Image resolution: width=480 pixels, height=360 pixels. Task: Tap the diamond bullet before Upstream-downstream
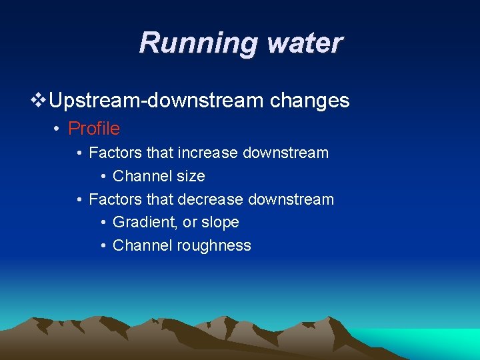(x=39, y=101)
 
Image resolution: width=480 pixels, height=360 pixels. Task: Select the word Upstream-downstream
(x=157, y=101)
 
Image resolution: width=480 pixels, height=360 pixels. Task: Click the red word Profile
(x=94, y=128)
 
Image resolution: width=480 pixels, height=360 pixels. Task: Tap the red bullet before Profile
(x=58, y=129)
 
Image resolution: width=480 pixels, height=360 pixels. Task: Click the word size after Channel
(x=191, y=176)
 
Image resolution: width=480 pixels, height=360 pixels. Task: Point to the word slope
(x=219, y=222)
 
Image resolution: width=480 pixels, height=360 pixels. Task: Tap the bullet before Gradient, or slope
(x=103, y=223)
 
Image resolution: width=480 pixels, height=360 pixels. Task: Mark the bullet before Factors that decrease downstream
(x=79, y=200)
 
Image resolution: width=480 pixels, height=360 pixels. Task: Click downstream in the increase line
(x=286, y=153)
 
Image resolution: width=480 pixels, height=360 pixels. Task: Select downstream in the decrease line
(x=291, y=199)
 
